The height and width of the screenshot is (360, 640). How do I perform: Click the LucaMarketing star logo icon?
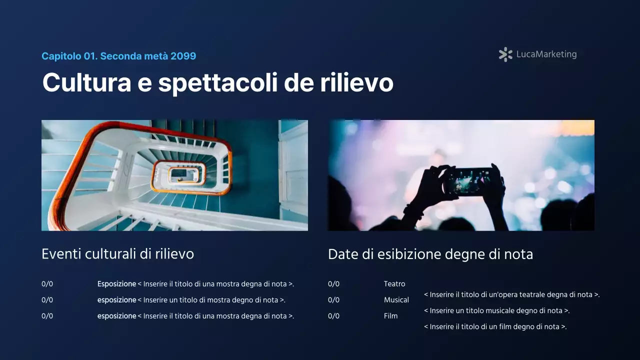click(505, 54)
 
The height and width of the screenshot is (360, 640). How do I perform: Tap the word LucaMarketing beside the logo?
click(546, 54)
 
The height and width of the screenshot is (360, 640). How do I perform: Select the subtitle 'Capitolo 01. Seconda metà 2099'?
click(118, 56)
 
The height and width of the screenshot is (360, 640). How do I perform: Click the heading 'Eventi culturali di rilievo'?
click(117, 254)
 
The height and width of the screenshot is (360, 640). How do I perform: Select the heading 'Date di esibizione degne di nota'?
click(430, 254)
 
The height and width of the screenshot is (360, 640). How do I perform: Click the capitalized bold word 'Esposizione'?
click(116, 284)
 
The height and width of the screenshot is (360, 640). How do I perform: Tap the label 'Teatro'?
click(394, 284)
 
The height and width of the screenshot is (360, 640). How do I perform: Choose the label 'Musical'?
click(396, 300)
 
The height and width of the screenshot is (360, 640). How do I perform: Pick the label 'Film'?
click(390, 316)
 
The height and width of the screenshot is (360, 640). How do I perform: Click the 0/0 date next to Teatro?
click(333, 284)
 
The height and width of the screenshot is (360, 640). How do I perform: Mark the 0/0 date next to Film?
click(333, 316)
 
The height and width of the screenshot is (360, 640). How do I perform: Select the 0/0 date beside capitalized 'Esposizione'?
click(47, 284)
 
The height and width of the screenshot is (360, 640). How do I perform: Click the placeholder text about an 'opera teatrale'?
click(511, 294)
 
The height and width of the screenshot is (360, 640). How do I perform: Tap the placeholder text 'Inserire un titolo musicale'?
click(496, 310)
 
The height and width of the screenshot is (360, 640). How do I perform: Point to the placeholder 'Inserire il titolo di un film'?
click(495, 326)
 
